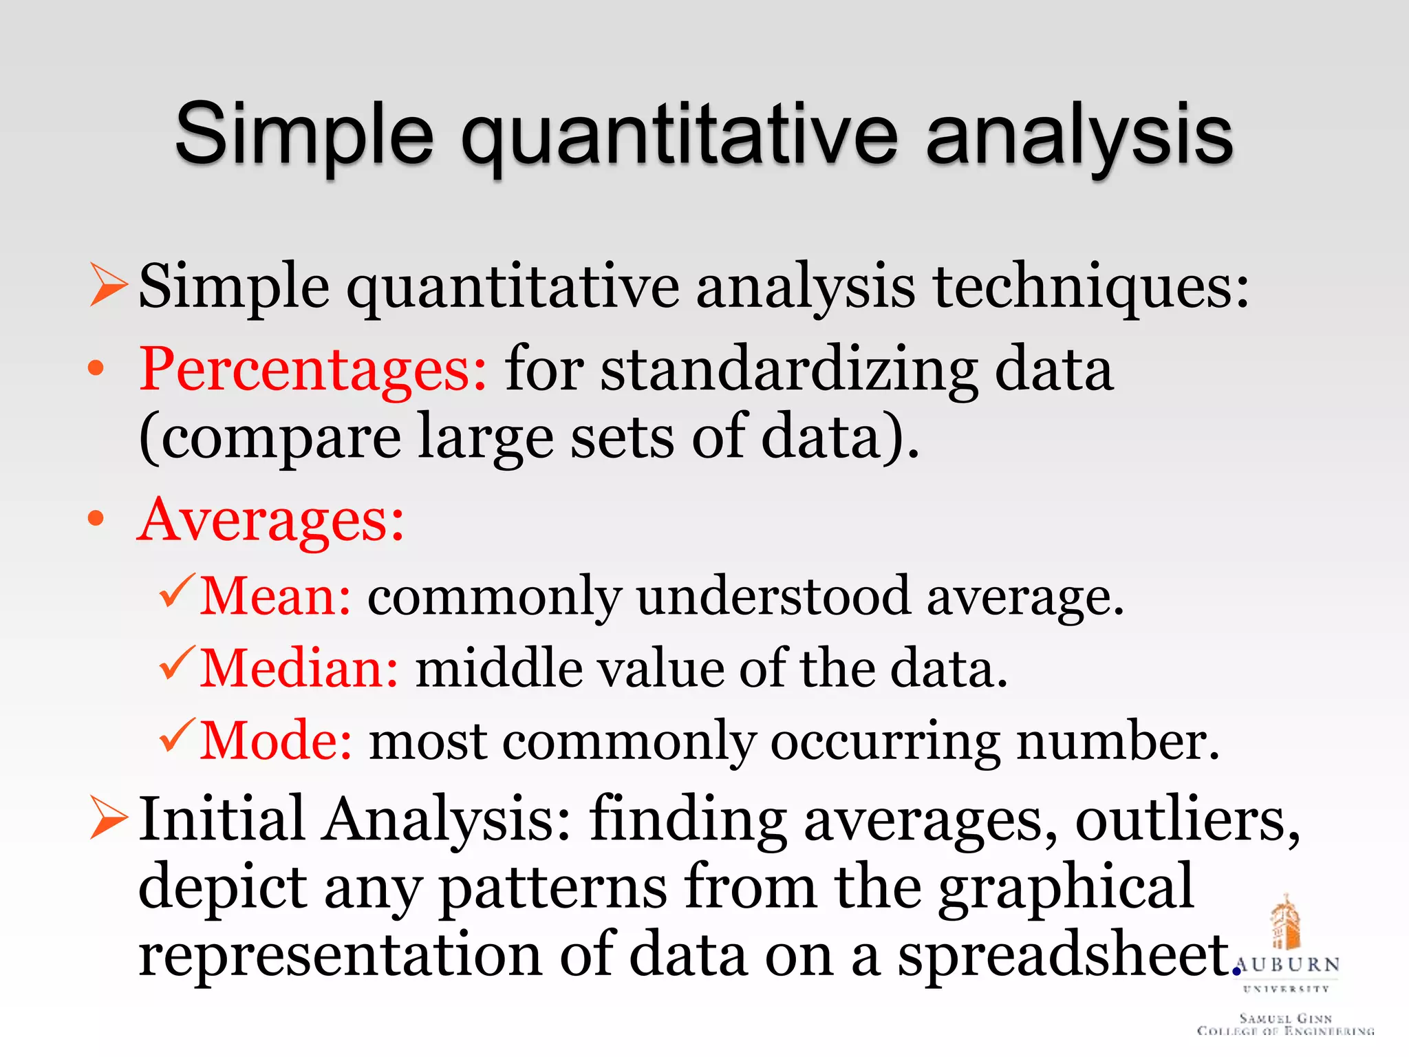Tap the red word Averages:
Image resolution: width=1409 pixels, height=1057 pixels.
click(x=271, y=520)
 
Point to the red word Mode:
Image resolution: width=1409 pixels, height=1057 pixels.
click(x=276, y=741)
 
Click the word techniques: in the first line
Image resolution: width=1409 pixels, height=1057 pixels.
click(x=1090, y=286)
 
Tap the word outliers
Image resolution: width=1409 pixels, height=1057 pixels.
click(x=1187, y=820)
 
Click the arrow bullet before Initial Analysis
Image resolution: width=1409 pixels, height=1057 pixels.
click(x=109, y=817)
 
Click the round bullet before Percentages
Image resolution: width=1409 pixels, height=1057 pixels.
click(x=96, y=369)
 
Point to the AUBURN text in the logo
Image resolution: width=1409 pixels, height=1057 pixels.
click(x=1287, y=965)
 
